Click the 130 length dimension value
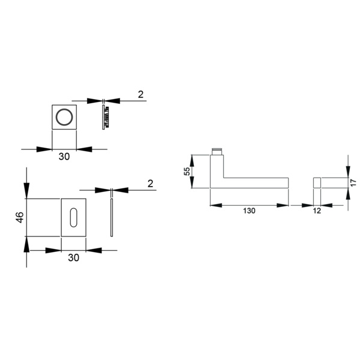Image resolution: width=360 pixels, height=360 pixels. [249, 211]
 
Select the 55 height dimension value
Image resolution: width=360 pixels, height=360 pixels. [187, 171]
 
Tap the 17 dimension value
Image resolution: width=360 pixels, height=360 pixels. [353, 182]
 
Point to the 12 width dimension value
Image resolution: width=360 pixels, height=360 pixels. [317, 211]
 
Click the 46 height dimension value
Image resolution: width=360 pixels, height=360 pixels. [20, 217]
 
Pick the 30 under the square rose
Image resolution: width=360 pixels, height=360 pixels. [64, 157]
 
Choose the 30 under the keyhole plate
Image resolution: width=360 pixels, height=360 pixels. [73, 257]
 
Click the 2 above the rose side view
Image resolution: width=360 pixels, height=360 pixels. [141, 94]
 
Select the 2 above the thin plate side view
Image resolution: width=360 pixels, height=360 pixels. [150, 184]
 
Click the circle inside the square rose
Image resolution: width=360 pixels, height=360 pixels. [64, 117]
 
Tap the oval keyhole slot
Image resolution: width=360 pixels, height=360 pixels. [73, 217]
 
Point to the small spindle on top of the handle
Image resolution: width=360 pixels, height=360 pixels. [217, 151]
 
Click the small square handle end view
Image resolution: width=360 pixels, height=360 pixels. [317, 182]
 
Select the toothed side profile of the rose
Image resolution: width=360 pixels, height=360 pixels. [106, 117]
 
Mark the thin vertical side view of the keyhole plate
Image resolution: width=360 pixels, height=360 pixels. [112, 217]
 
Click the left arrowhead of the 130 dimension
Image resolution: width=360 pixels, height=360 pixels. [216, 205]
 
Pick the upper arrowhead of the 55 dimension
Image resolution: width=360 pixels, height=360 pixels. [193, 161]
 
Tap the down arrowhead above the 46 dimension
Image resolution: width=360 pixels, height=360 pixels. [26, 190]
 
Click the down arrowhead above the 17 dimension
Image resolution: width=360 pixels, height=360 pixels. [348, 172]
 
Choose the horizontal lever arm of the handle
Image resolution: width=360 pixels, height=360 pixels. [256, 183]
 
